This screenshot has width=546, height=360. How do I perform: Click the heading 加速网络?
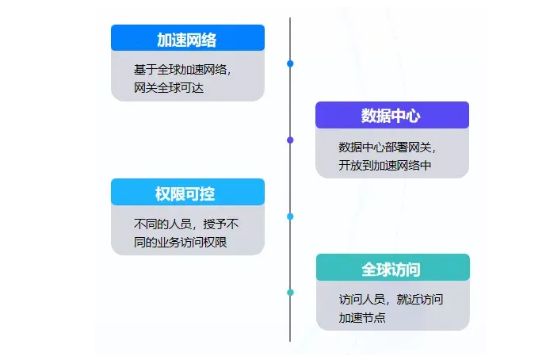pyautogui.click(x=187, y=40)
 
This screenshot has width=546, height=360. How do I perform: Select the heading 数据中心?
pyautogui.click(x=391, y=116)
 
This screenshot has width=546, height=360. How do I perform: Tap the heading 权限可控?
pyautogui.click(x=185, y=194)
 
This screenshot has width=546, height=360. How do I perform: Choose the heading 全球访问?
pyautogui.click(x=391, y=270)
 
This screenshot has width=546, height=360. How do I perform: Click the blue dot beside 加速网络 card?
pyautogui.click(x=290, y=63)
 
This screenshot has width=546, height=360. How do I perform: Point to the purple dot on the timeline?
pyautogui.click(x=290, y=140)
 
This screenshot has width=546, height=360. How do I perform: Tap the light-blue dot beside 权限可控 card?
pyautogui.click(x=290, y=216)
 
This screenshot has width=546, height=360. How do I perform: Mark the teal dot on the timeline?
pyautogui.click(x=290, y=293)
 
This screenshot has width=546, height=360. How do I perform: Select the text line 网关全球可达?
pyautogui.click(x=169, y=88)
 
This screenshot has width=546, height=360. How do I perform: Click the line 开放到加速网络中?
pyautogui.click(x=385, y=165)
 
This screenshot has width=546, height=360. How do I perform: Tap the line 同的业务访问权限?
pyautogui.click(x=181, y=242)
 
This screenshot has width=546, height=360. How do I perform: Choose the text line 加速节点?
pyautogui.click(x=362, y=317)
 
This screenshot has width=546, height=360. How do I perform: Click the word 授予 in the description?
pyautogui.click(x=215, y=224)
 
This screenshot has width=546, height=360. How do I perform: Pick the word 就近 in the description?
pyautogui.click(x=408, y=300)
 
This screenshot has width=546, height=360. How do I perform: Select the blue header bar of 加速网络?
pyautogui.click(x=188, y=37)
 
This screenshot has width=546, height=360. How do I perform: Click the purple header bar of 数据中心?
pyautogui.click(x=392, y=115)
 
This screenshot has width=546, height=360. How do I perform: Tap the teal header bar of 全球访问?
pyautogui.click(x=393, y=267)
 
